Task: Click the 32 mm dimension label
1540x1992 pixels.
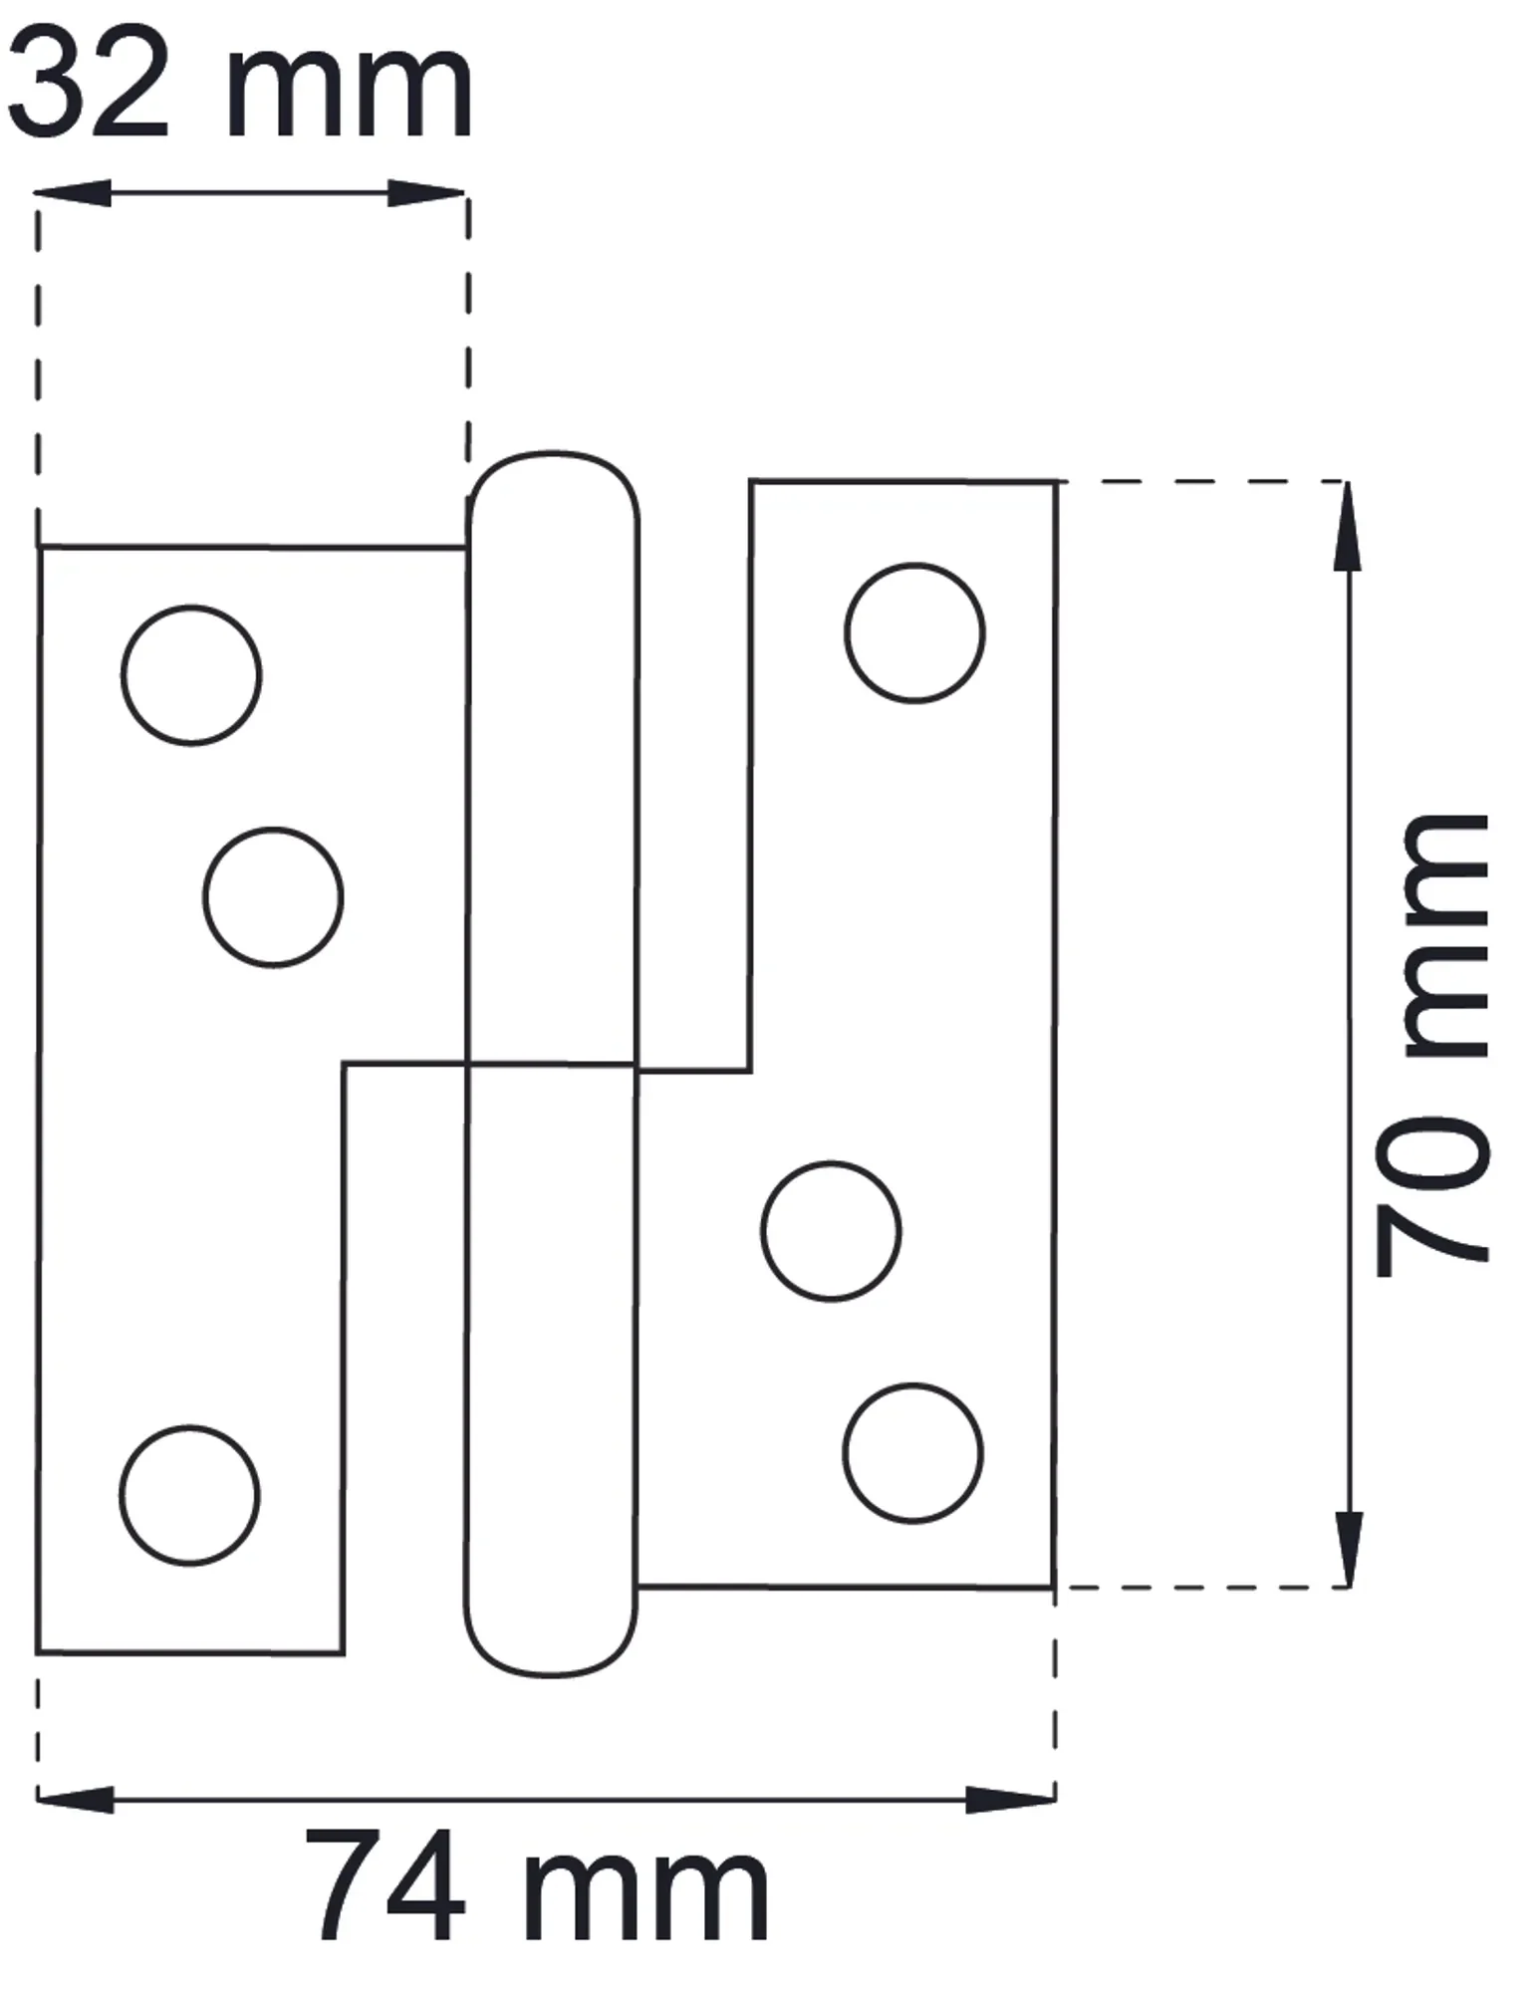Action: [239, 86]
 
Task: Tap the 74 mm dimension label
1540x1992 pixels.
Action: [537, 1888]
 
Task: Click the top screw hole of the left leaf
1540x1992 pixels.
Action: [191, 675]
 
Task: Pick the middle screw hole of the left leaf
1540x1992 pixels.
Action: [274, 897]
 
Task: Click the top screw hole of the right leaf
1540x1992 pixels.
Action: [914, 633]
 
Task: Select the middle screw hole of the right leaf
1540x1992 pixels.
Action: [831, 1231]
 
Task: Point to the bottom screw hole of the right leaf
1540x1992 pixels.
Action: [912, 1453]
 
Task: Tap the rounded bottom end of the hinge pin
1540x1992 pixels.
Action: [550, 1672]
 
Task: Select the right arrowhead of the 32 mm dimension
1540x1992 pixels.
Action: [426, 193]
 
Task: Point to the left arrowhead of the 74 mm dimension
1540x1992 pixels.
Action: [75, 1800]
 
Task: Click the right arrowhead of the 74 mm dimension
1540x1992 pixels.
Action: [1010, 1800]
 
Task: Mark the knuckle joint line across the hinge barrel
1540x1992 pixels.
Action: [551, 1064]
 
